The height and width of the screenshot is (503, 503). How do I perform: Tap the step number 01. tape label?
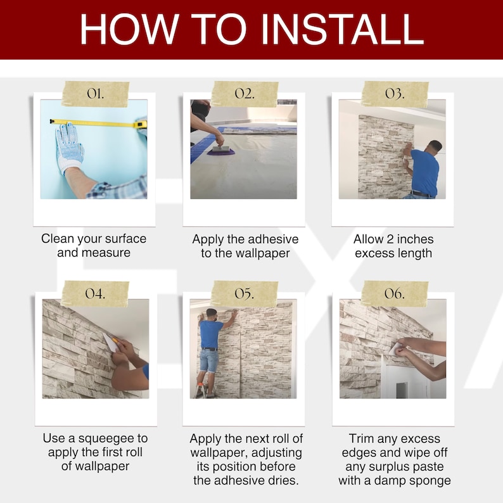pos(95,94)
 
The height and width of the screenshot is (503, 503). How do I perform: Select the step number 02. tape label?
pos(245,94)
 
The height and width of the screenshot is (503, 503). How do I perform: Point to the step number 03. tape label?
pos(395,94)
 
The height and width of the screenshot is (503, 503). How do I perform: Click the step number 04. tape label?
pos(95,293)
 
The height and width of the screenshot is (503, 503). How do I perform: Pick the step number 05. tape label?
pos(245,293)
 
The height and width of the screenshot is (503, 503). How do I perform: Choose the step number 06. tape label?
pos(395,293)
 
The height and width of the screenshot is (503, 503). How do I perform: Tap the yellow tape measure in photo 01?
pos(98,123)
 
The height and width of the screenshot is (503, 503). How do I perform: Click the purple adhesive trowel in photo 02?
pos(220,151)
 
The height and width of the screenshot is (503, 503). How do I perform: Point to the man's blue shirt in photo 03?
pos(424,172)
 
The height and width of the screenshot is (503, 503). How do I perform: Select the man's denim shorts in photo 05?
pos(208,361)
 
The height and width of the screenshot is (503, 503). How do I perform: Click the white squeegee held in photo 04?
pos(110,342)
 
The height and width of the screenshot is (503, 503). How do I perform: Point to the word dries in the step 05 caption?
pos(285,481)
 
